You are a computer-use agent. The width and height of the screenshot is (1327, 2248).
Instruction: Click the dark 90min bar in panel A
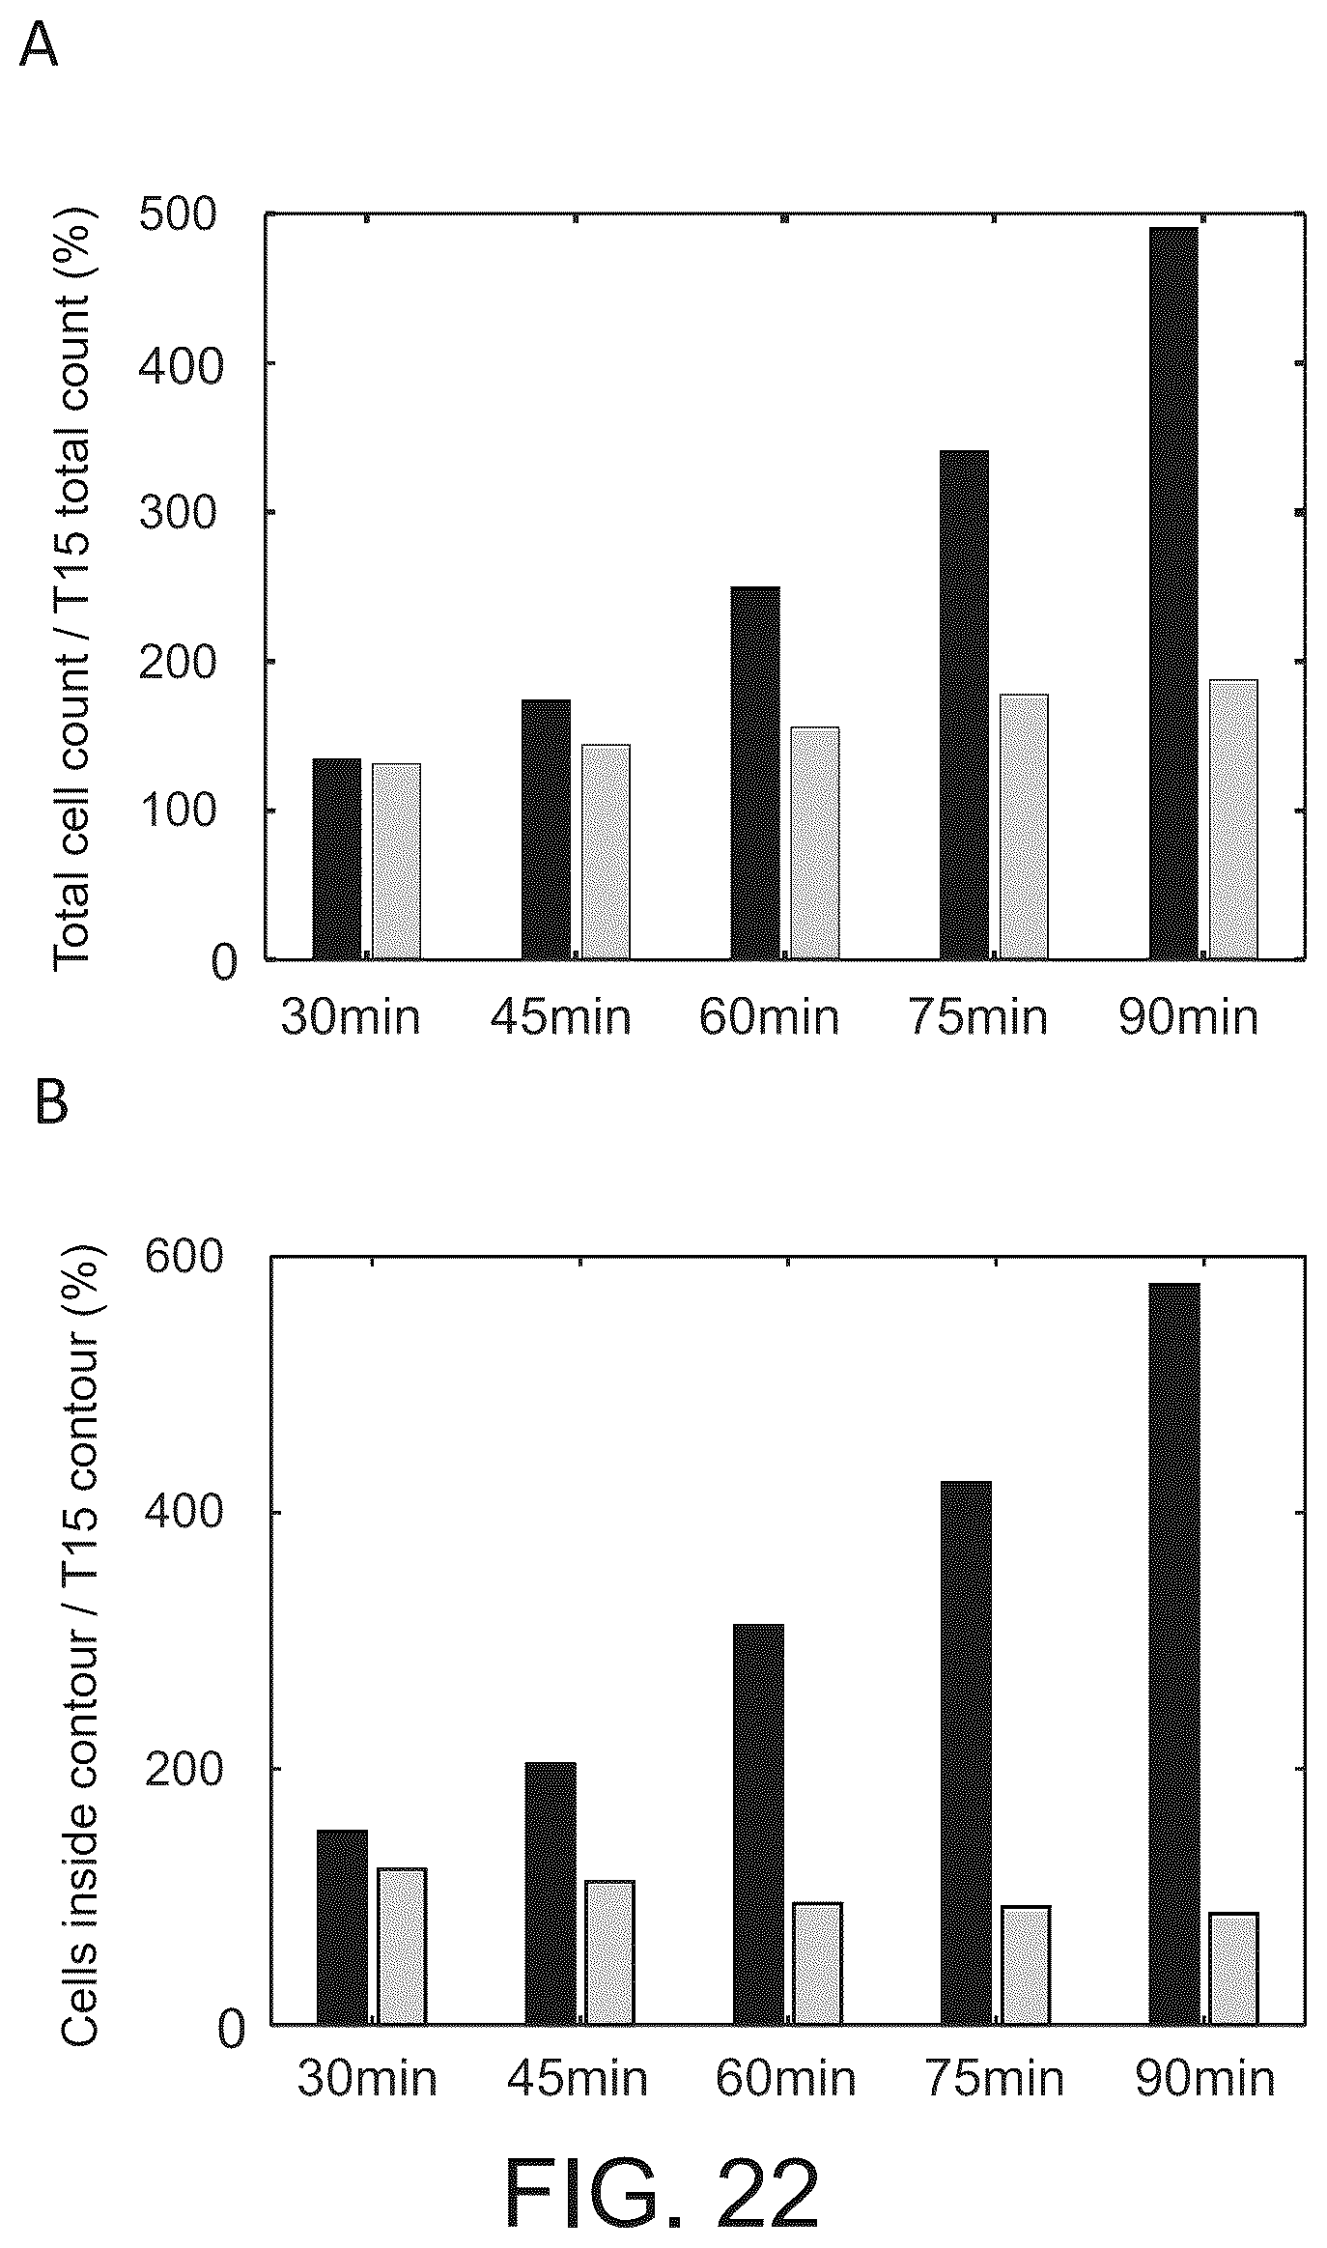click(x=1173, y=593)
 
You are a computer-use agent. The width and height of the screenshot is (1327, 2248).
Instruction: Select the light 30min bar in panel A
click(x=396, y=861)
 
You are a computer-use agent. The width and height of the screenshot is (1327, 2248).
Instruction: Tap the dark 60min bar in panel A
click(x=755, y=773)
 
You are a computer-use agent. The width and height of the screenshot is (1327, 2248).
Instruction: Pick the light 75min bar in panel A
click(x=1024, y=827)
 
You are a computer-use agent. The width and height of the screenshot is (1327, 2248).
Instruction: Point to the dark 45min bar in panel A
click(x=547, y=829)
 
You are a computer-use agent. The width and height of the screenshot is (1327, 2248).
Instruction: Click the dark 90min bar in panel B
click(x=1174, y=1653)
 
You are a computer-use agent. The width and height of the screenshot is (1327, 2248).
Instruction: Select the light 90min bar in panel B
click(x=1234, y=1968)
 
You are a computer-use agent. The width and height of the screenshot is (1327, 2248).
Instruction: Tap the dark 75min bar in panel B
click(x=966, y=1752)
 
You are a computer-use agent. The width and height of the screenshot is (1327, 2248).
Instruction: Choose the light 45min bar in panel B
click(x=609, y=1951)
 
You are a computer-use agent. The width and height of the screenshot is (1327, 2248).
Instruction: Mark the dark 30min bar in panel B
click(x=342, y=1926)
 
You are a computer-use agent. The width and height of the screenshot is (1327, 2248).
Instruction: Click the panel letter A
click(x=39, y=44)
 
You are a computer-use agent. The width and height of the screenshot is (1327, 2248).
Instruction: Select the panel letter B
click(x=51, y=1102)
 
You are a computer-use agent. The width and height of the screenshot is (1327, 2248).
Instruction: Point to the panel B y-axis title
click(x=81, y=1642)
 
